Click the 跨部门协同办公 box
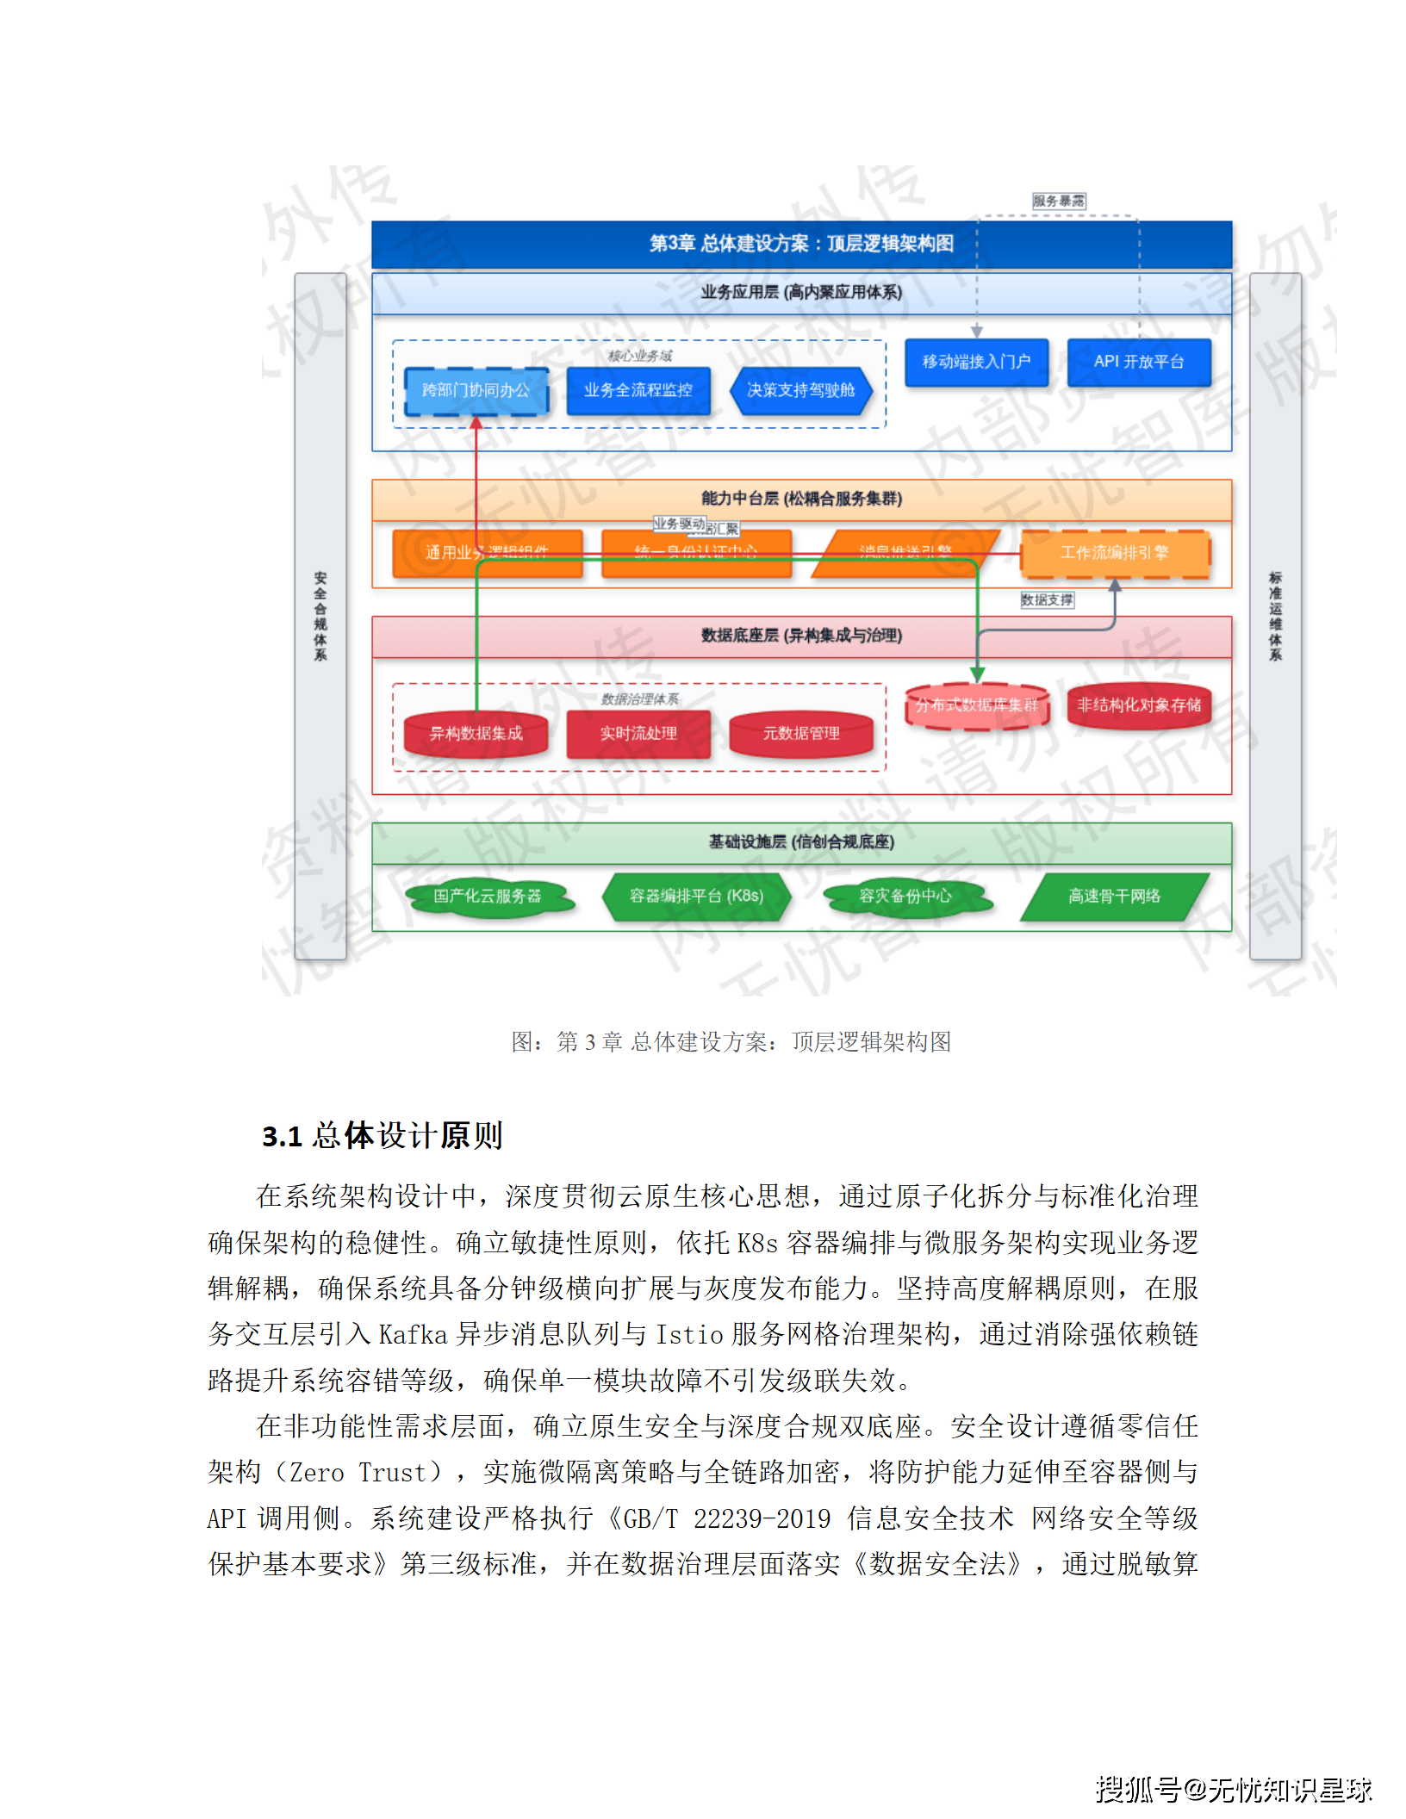click(x=476, y=391)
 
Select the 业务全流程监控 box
click(x=638, y=391)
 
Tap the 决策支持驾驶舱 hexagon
click(x=800, y=391)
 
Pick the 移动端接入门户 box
click(x=976, y=362)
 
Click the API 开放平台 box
click(x=1139, y=362)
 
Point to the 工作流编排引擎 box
click(x=1115, y=553)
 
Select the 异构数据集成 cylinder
click(x=476, y=734)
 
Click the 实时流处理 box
click(x=638, y=734)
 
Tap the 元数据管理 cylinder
click(x=800, y=734)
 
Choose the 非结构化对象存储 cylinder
click(x=1139, y=705)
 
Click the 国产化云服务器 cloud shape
click(x=488, y=897)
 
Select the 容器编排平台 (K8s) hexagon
click(x=696, y=897)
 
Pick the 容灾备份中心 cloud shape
click(x=905, y=897)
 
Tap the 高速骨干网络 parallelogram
click(x=1115, y=897)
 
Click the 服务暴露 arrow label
click(x=1059, y=202)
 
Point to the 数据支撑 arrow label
click(x=1047, y=600)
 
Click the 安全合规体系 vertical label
click(x=320, y=616)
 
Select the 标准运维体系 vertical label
click(x=1275, y=616)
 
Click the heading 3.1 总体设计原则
click(x=382, y=1136)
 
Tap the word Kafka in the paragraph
click(x=413, y=1335)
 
